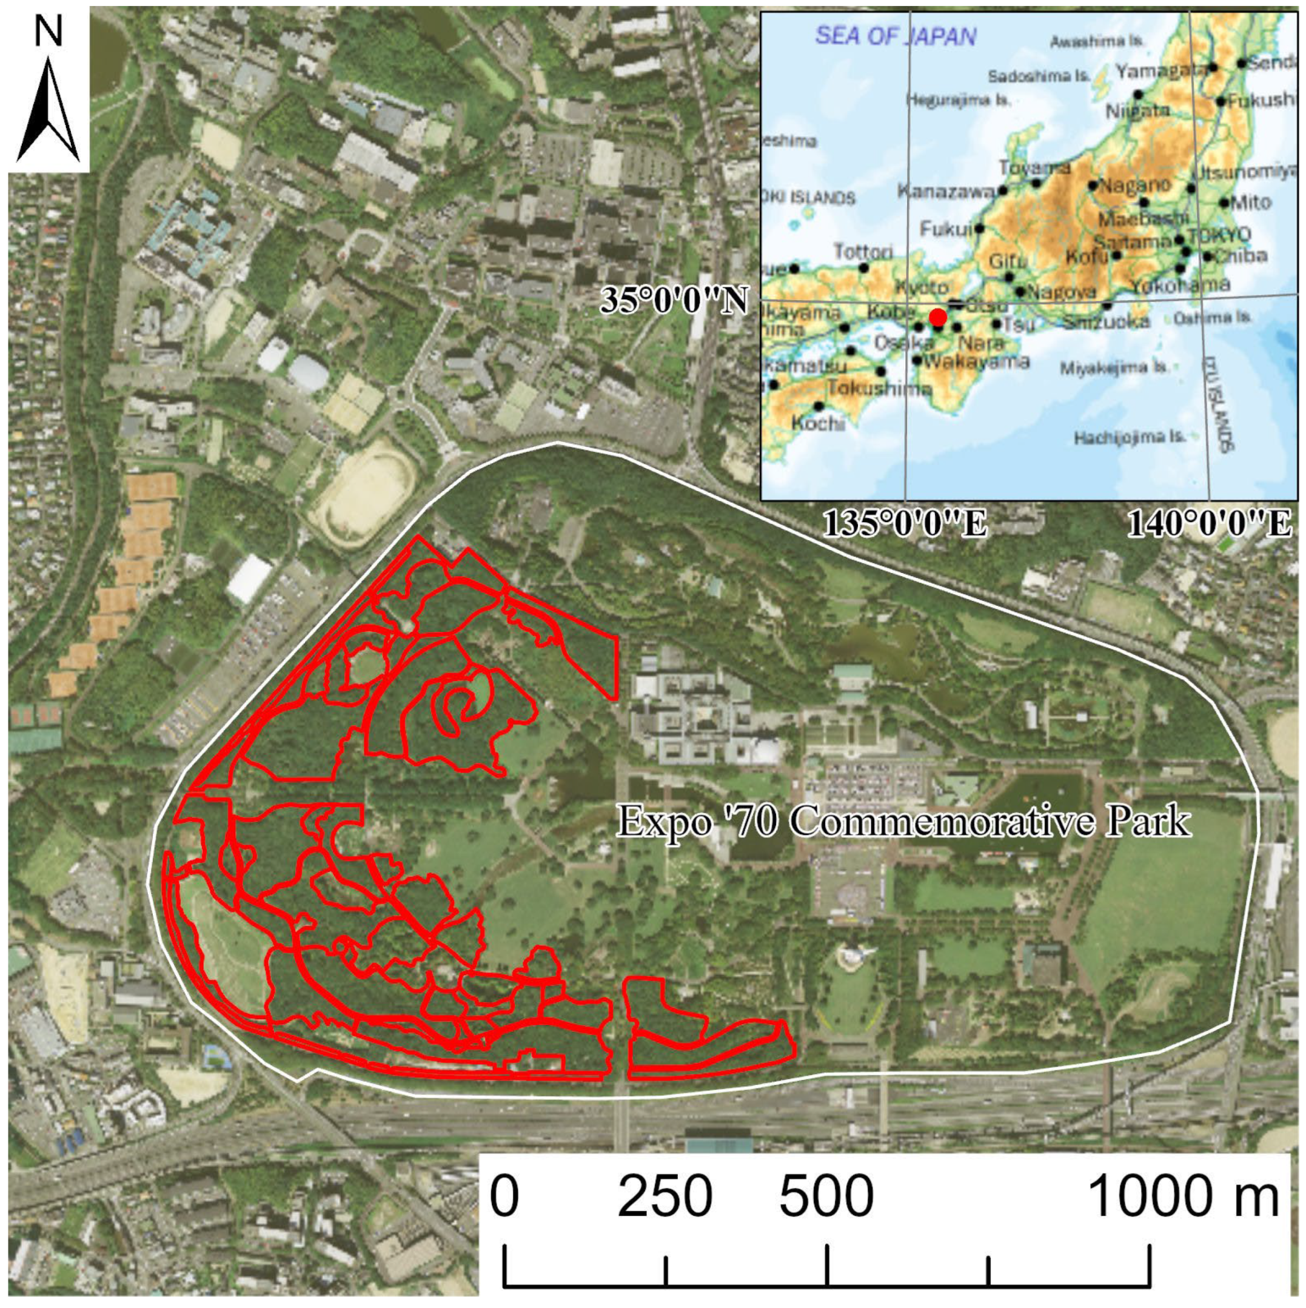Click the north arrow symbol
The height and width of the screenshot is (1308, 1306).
(47, 109)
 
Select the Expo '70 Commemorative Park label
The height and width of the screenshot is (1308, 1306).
(904, 822)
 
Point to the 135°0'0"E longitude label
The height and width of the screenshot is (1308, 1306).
(905, 524)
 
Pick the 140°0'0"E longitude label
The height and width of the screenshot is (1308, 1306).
(1209, 524)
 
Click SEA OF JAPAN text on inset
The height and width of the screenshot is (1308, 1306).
(895, 36)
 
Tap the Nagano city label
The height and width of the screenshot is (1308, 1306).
(1134, 184)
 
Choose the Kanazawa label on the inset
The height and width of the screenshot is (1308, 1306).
(946, 191)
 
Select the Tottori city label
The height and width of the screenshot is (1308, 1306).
(863, 251)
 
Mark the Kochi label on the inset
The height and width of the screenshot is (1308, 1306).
(818, 423)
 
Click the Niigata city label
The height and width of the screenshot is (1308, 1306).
(1137, 110)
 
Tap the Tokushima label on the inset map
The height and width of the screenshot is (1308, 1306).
(879, 389)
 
